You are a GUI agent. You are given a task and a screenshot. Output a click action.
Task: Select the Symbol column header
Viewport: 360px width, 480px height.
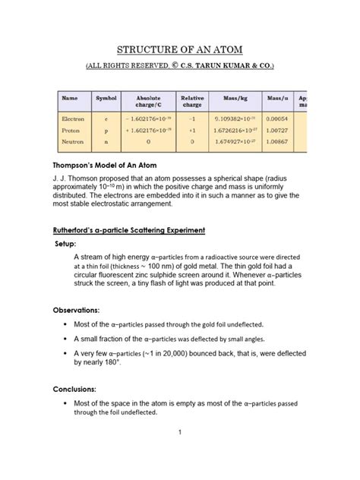(106, 99)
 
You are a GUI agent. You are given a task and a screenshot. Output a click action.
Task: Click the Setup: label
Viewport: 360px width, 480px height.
(71, 244)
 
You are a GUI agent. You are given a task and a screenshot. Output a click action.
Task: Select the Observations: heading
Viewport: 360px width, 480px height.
(76, 311)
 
